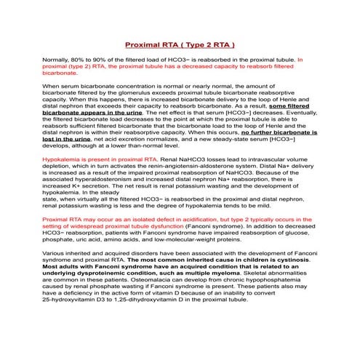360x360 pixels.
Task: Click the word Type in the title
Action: click(188, 45)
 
